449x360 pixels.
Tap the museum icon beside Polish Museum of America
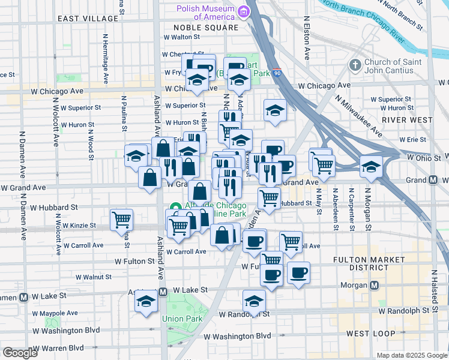tap(243, 11)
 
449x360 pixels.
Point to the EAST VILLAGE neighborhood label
tap(88, 19)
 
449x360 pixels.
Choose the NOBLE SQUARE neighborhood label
tap(205, 28)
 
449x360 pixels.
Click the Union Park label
tap(176, 319)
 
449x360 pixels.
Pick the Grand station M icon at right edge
tap(433, 180)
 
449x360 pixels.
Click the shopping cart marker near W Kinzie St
tap(122, 220)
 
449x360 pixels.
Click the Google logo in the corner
tap(20, 353)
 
